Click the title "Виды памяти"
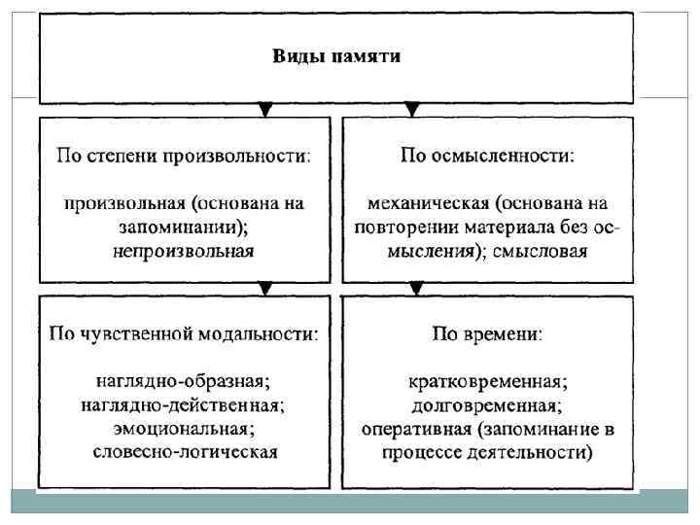(335, 55)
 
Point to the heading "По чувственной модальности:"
(184, 333)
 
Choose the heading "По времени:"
(488, 333)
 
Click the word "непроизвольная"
(184, 251)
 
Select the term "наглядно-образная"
(184, 380)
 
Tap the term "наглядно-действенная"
(184, 403)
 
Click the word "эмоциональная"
(184, 427)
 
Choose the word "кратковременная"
(488, 380)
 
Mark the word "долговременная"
(488, 403)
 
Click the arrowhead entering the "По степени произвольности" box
(262, 110)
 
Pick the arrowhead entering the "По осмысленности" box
(413, 110)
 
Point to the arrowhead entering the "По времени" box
(416, 289)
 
